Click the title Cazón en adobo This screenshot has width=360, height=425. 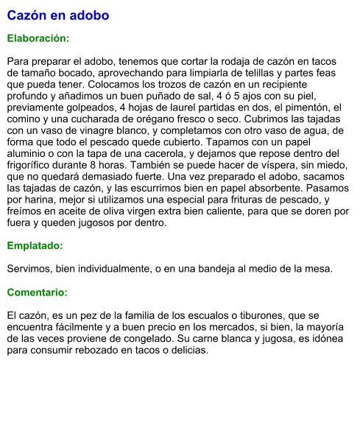click(58, 15)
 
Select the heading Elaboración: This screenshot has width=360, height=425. click(38, 38)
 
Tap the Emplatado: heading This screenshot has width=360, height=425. click(35, 246)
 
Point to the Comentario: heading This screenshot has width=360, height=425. click(37, 293)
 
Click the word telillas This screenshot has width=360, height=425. click(247, 73)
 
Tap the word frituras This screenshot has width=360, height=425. click(239, 203)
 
